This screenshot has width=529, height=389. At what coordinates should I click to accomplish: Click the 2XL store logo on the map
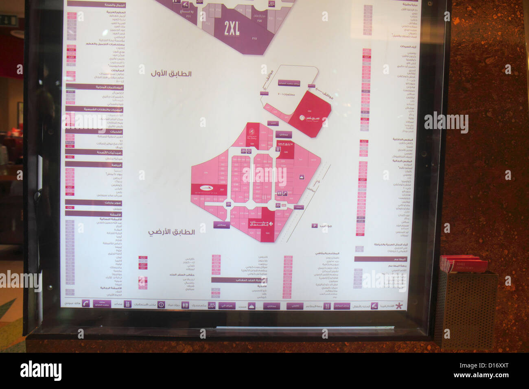[232, 28]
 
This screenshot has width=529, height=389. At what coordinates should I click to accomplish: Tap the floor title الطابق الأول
[171, 74]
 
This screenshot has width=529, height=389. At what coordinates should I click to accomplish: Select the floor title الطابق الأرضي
[171, 232]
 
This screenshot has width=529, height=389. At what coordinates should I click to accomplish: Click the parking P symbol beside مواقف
[315, 225]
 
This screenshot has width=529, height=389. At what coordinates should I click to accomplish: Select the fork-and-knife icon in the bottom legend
[327, 306]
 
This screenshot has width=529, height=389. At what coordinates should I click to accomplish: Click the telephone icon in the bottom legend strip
[86, 303]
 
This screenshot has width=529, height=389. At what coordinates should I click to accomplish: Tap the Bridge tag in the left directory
[70, 142]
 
